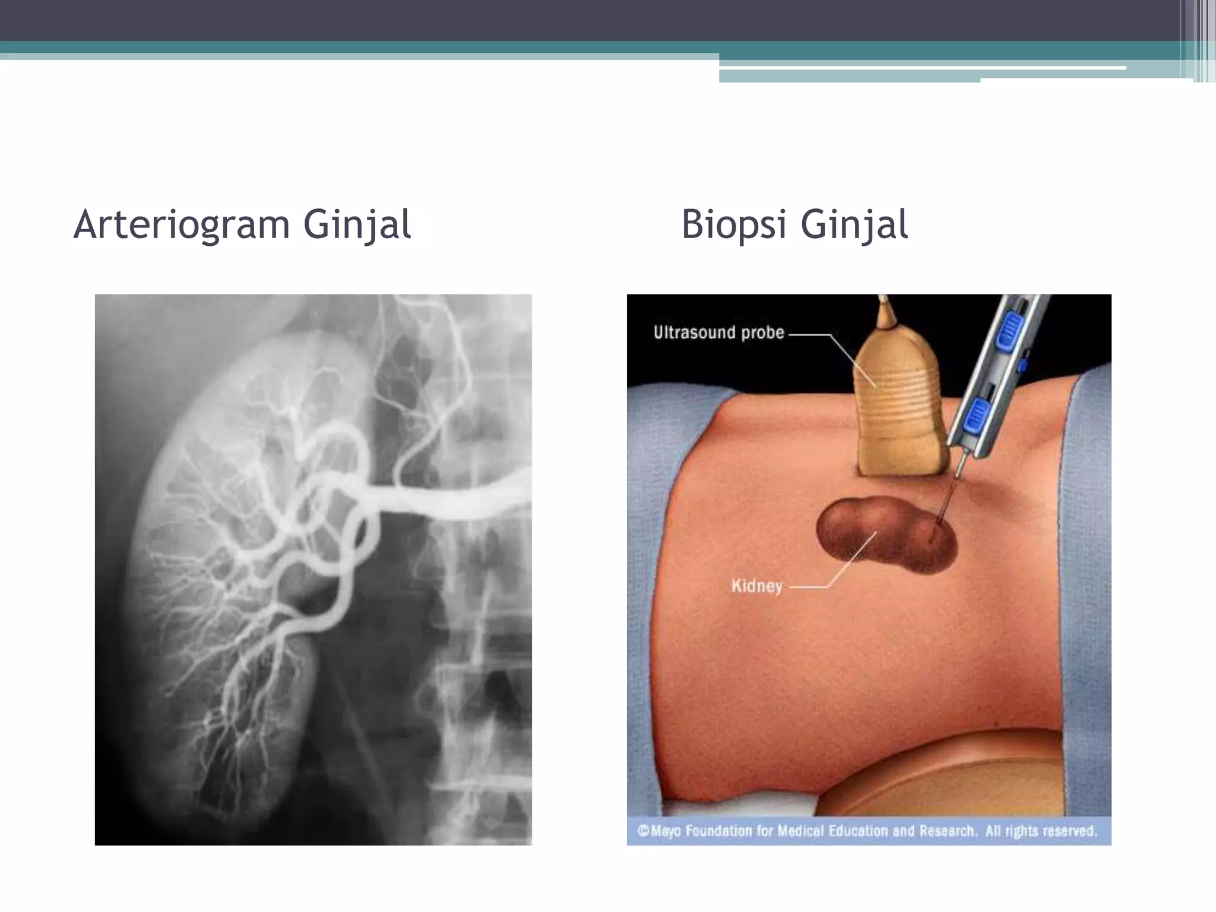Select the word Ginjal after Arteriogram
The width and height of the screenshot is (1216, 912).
point(357,225)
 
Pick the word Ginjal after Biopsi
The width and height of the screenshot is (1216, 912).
point(854,225)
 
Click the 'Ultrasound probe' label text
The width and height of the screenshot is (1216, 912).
point(718,332)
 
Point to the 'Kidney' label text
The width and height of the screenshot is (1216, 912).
point(756,587)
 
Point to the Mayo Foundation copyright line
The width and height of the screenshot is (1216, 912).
point(867,831)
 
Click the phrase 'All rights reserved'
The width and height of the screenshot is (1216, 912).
point(1041,831)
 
